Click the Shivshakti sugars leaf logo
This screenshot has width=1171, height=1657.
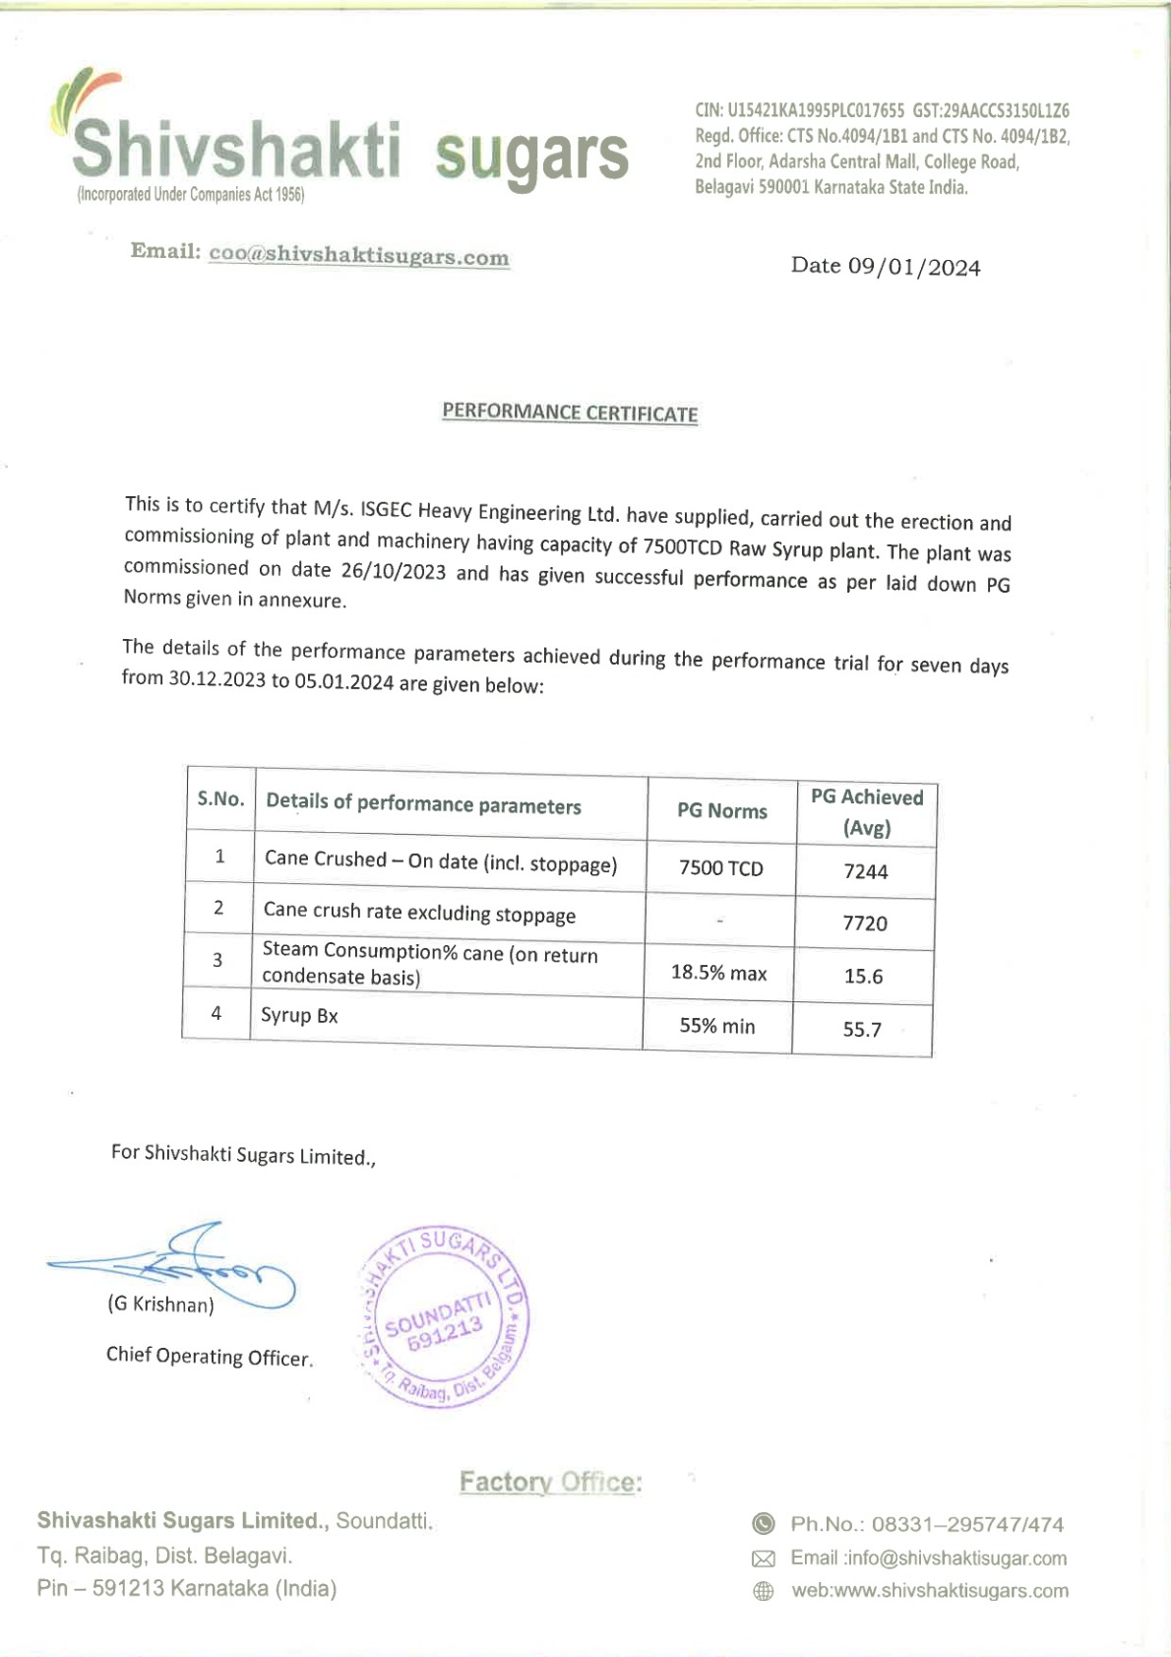coord(84,98)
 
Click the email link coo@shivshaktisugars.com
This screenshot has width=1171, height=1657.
coord(358,255)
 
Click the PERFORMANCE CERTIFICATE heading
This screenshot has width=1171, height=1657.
coord(570,413)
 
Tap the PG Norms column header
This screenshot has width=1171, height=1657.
coord(721,810)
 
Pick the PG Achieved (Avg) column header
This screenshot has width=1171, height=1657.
coord(866,812)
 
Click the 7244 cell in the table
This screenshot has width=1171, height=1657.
coord(865,871)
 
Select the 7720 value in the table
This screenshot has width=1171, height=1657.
coord(864,924)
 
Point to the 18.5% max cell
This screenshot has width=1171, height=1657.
coord(718,973)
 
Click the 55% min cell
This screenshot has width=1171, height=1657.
coord(716,1026)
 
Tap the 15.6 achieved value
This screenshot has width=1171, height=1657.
coord(863,977)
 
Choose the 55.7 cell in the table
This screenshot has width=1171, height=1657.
coord(861,1030)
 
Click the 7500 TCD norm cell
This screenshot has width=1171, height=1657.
coord(720,868)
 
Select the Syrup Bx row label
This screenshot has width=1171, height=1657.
coord(299,1016)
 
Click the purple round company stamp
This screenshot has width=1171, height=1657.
coord(446,1316)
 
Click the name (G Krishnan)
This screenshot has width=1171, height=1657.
coord(160,1305)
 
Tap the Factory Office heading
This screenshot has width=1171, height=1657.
coord(550,1482)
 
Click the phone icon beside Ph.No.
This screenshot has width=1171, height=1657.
coord(763,1524)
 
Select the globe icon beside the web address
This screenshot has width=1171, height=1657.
coord(763,1591)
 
